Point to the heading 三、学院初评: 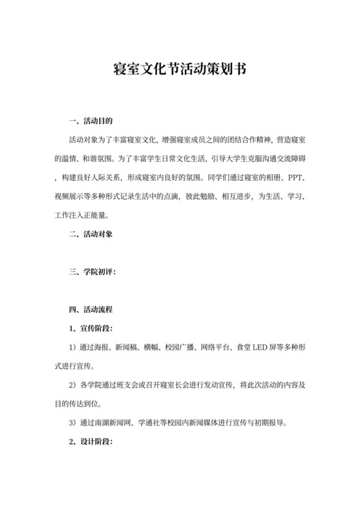tap(93, 272)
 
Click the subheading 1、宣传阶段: tap(90, 330)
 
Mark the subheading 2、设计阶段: tap(90, 443)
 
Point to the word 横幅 tap(152, 348)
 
